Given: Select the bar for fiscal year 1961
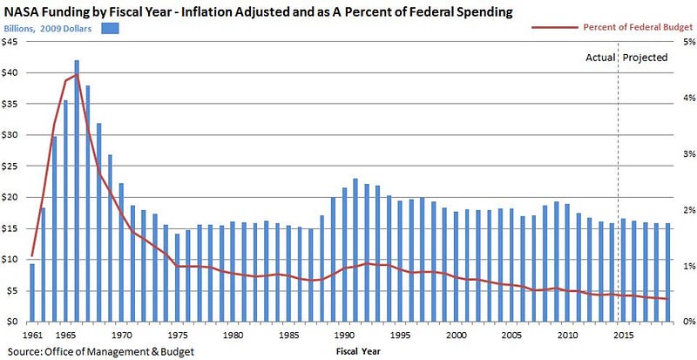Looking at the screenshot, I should coord(32,292).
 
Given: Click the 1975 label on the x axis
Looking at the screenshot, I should coord(178,335).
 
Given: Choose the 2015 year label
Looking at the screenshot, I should coord(623,335).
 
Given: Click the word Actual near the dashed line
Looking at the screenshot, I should coord(599,58).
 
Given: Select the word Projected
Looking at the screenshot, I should coord(646,58).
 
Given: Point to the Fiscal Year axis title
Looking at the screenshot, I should coord(358,351).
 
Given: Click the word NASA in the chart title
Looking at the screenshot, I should coord(25,10).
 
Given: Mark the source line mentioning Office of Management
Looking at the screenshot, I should coord(98,351).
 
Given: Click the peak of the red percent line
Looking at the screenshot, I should coord(77,74).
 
